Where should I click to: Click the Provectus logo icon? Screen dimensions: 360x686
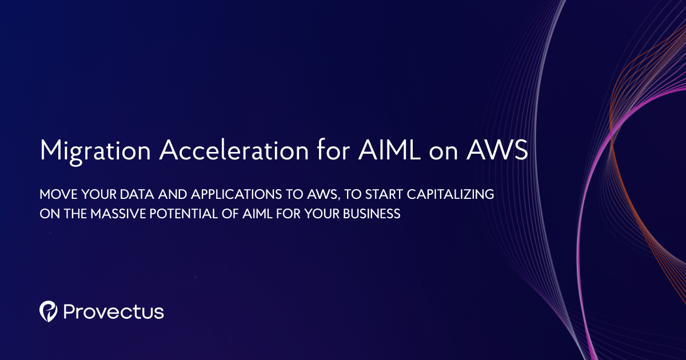(49, 311)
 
